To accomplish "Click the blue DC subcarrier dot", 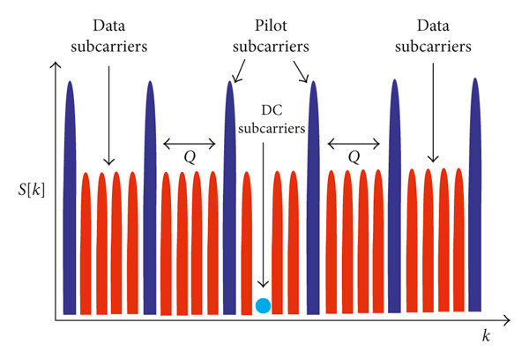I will pyautogui.click(x=262, y=306).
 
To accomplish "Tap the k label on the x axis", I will pyautogui.click(x=485, y=336).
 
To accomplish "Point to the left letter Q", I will pyautogui.click(x=190, y=156).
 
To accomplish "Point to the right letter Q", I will pyautogui.click(x=354, y=156).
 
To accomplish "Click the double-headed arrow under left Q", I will pyautogui.click(x=190, y=141).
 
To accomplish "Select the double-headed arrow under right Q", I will pyautogui.click(x=354, y=141).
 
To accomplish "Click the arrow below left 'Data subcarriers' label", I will pyautogui.click(x=109, y=115).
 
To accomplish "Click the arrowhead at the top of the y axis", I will pyautogui.click(x=56, y=66).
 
